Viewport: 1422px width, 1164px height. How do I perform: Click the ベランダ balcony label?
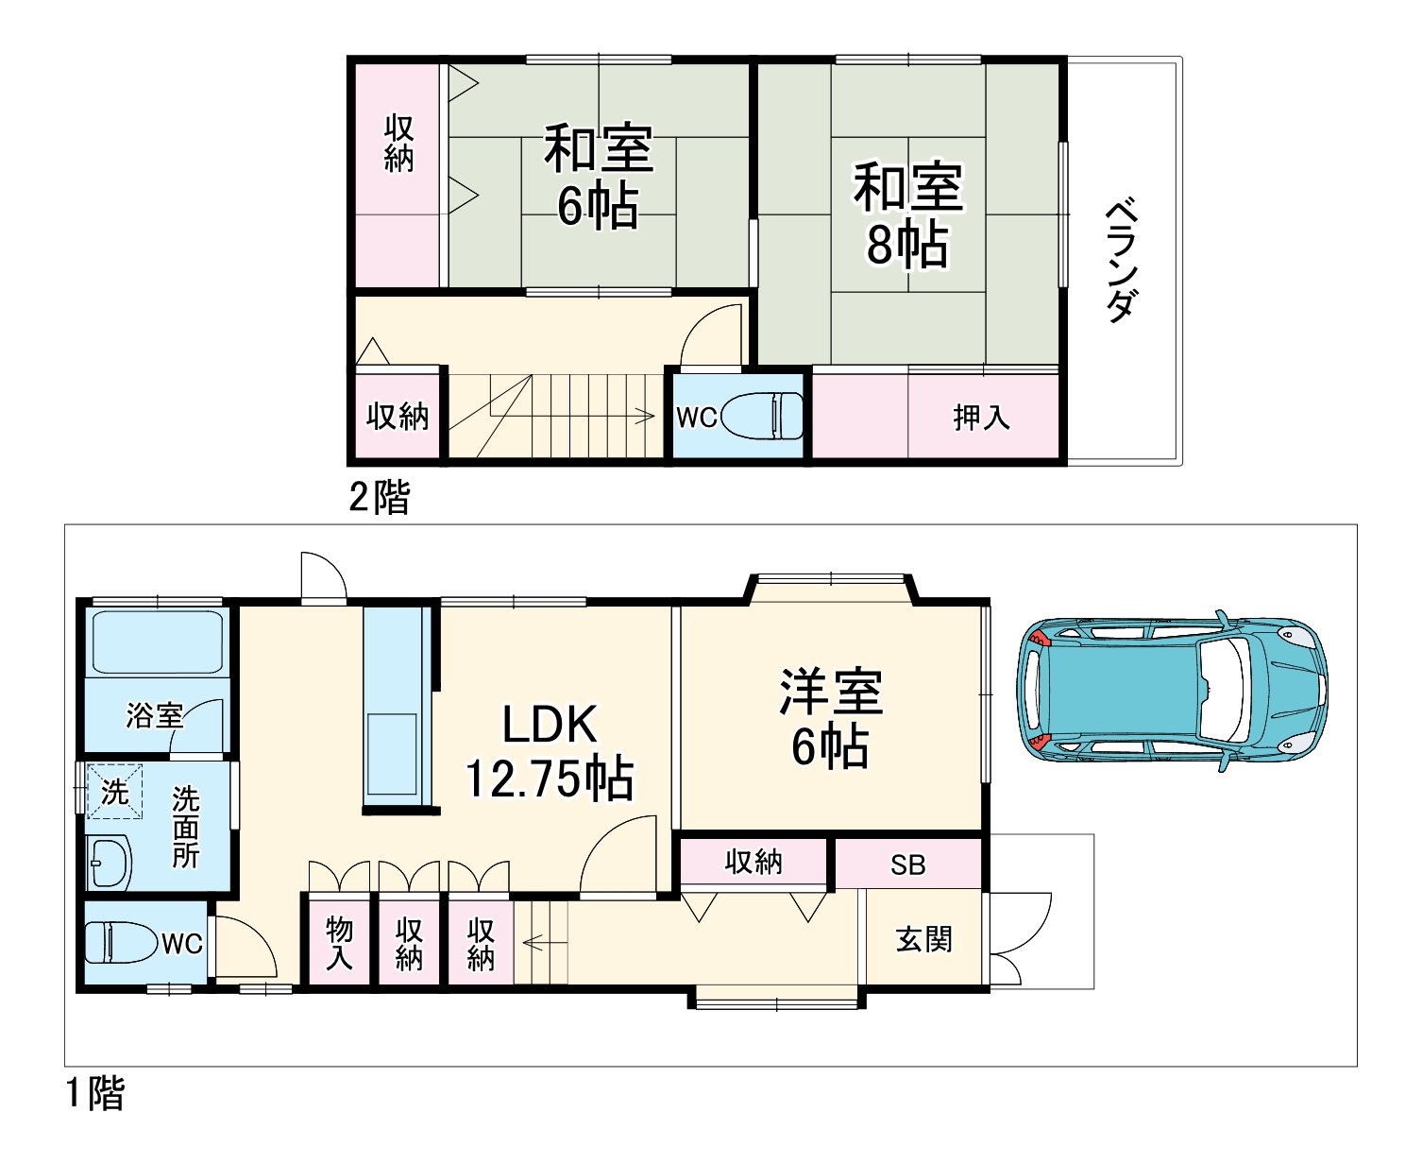[x=1122, y=260]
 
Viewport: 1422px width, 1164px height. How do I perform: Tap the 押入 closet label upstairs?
[x=981, y=418]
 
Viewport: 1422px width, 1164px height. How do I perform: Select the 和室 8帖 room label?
[x=908, y=214]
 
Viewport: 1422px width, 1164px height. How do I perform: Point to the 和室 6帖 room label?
[x=598, y=176]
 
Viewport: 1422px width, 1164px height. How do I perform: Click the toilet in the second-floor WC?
[x=762, y=416]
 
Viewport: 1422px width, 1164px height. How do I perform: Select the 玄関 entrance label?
[x=923, y=939]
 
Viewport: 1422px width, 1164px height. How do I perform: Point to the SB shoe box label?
[x=907, y=865]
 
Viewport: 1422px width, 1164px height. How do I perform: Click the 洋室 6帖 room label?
[x=831, y=719]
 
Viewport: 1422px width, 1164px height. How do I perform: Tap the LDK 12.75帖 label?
[x=549, y=751]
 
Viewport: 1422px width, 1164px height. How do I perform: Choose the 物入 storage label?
[x=339, y=943]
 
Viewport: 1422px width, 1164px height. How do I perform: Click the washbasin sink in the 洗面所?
[x=109, y=863]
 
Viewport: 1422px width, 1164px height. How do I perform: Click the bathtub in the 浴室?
[x=157, y=642]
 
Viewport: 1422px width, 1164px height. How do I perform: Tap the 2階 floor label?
[x=379, y=497]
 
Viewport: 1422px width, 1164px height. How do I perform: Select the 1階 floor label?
[x=95, y=1093]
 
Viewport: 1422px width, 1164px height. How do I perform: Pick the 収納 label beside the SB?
[x=753, y=862]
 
